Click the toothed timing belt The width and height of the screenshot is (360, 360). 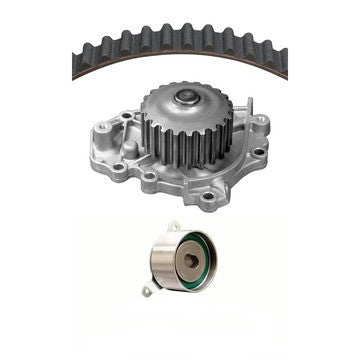click(130, 42)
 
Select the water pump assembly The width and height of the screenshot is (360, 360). click(185, 140)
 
